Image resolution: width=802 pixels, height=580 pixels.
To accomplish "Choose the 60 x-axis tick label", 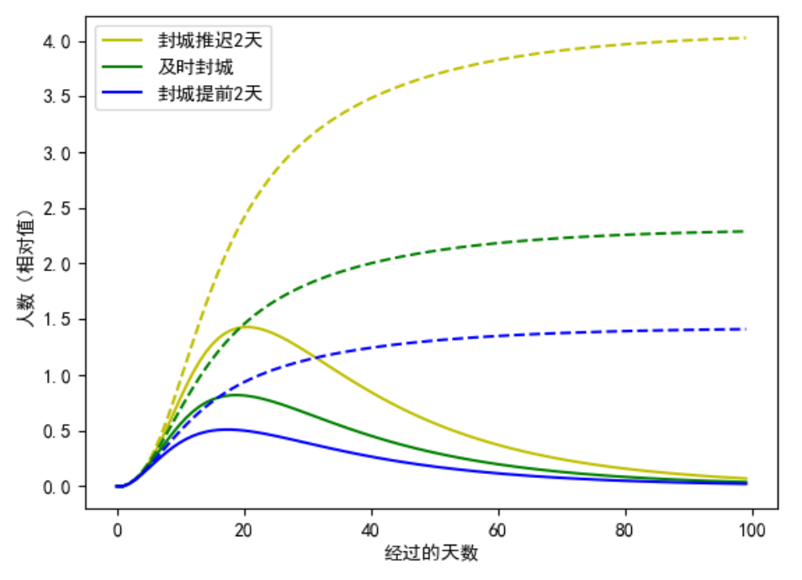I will (x=498, y=530).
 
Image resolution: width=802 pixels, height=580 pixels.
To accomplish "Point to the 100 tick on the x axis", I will (x=752, y=530).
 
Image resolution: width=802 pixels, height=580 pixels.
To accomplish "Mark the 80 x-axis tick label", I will (x=625, y=530).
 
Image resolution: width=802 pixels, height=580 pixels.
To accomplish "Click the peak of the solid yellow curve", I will (x=249, y=327).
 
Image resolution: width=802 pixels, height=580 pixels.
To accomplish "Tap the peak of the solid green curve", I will (x=235, y=395).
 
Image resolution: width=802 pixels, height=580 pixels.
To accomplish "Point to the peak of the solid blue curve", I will (x=226, y=429).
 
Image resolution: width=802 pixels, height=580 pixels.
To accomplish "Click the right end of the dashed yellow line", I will (x=746, y=38).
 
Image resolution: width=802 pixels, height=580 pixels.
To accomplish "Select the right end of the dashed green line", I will (x=746, y=231).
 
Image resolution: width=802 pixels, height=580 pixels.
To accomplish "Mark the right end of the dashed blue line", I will (x=746, y=329).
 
